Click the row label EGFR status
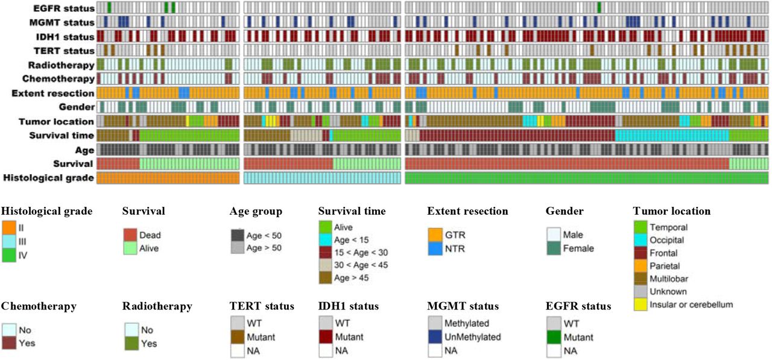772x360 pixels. [x=64, y=8]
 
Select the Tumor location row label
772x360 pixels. [x=57, y=122]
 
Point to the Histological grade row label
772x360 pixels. [x=49, y=178]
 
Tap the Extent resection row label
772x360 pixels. [x=52, y=93]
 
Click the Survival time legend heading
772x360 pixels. [x=352, y=211]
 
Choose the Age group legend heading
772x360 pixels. [x=256, y=212]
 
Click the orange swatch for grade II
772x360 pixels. [x=8, y=228]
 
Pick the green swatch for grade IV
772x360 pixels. [x=8, y=255]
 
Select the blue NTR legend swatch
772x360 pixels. [x=435, y=248]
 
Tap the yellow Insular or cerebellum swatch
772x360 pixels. [x=641, y=304]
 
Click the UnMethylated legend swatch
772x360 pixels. [x=435, y=337]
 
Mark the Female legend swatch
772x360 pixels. [x=554, y=248]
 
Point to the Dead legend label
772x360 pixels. [x=150, y=235]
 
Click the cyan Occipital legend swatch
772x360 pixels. [x=641, y=240]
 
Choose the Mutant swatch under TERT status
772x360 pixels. [x=238, y=337]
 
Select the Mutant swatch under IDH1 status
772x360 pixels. [x=326, y=337]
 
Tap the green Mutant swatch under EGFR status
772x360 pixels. [x=554, y=337]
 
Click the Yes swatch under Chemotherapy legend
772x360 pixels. [x=9, y=343]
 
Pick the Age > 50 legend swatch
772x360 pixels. [x=238, y=248]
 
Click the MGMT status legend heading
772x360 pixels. [x=463, y=306]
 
